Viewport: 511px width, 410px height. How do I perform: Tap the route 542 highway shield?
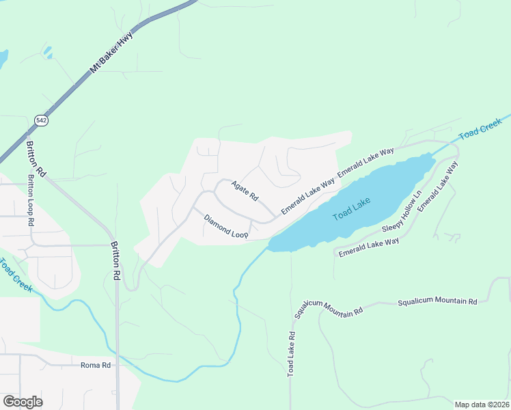(x=42, y=120)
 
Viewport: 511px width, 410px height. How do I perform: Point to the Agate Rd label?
(x=245, y=190)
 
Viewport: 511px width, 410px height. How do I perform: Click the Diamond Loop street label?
(x=225, y=228)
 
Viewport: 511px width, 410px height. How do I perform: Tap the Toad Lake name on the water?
(x=352, y=208)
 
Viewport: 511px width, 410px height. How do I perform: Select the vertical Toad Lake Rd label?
(x=292, y=355)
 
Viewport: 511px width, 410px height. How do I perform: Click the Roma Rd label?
(x=96, y=366)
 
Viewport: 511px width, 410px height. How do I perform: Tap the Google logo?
(x=23, y=402)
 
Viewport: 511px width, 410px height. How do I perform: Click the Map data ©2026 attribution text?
(x=482, y=405)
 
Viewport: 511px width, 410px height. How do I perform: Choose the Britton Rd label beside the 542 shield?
(x=36, y=159)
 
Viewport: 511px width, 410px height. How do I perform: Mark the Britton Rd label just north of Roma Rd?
(x=117, y=260)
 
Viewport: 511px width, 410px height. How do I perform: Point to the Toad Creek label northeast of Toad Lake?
(x=480, y=128)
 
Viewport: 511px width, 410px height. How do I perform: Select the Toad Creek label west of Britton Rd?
(x=14, y=275)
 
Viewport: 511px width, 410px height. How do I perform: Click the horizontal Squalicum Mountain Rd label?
(x=437, y=301)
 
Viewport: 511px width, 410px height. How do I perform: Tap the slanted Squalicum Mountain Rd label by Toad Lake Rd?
(x=329, y=310)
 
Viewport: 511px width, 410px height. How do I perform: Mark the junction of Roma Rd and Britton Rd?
(x=117, y=365)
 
